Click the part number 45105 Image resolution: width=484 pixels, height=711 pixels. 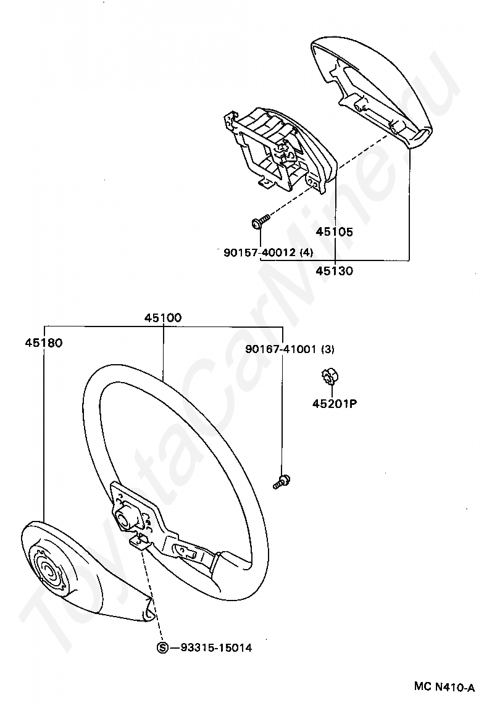click(334, 233)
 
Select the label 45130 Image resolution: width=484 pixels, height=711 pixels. click(334, 270)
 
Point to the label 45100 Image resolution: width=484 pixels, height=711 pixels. click(163, 318)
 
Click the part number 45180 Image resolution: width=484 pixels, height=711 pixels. click(44, 342)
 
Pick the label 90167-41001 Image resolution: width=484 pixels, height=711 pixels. click(281, 349)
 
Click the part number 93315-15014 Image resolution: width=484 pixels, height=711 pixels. click(216, 648)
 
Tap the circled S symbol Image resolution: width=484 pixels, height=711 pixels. click(162, 648)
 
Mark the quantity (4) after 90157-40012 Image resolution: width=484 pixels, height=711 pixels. click(306, 252)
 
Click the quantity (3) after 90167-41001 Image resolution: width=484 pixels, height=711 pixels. click(327, 349)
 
